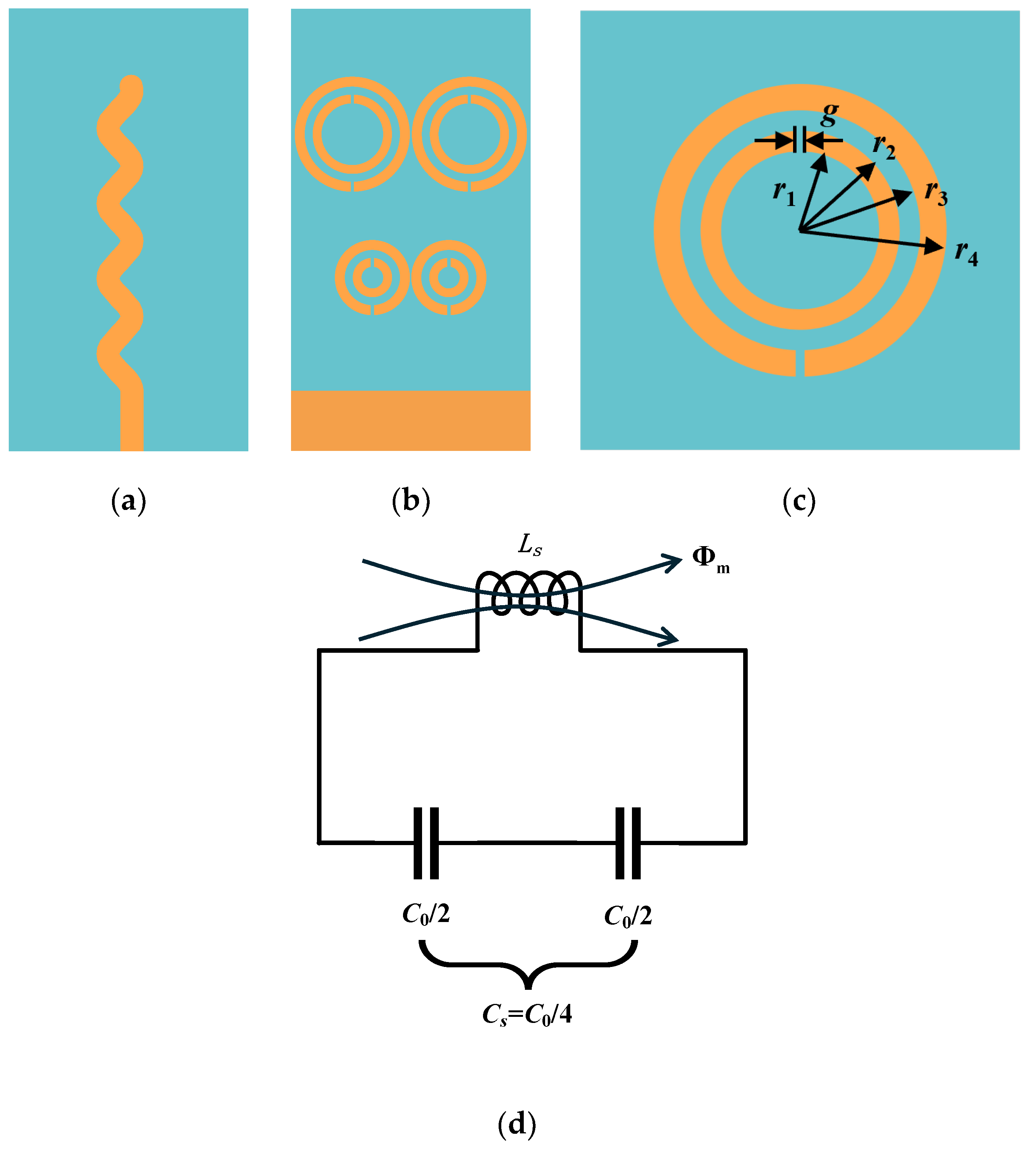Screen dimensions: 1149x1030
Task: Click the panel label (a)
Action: (128, 501)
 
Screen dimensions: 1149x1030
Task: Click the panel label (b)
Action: (411, 501)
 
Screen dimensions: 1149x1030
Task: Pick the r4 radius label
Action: (966, 253)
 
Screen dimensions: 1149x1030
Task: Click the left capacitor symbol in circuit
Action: (425, 843)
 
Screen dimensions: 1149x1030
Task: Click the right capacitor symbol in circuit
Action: (628, 843)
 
